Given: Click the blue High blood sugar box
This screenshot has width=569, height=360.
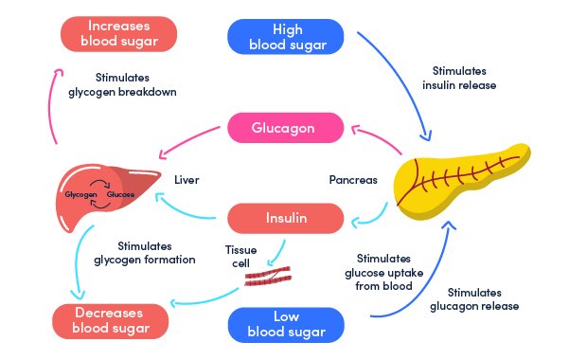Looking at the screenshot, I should point(287,35).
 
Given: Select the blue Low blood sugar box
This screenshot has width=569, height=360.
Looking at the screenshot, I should point(287,323).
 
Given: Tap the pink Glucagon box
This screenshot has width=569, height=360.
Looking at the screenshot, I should point(283,128).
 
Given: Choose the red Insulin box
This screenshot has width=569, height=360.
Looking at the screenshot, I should point(283,219).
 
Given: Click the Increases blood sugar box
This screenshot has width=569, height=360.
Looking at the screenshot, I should point(120,34).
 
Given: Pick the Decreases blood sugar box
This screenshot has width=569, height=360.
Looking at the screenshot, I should point(112,322).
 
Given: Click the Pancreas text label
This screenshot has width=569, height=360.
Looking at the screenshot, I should point(354,178).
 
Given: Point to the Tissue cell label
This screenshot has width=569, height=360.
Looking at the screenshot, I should point(240,254).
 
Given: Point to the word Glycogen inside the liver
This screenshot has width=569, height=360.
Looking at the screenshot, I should point(80,193).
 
